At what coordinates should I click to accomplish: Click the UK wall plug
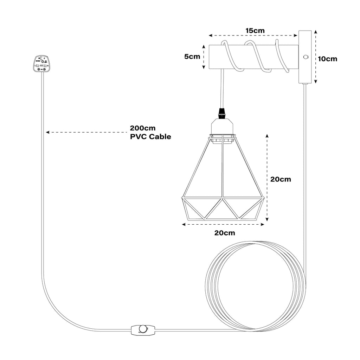(x=42, y=64)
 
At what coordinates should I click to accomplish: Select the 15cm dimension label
(x=255, y=31)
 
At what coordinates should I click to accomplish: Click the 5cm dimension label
(x=192, y=57)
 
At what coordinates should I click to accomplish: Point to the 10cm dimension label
(x=327, y=59)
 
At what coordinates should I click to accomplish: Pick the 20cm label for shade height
(x=281, y=179)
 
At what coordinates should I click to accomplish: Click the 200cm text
(x=143, y=128)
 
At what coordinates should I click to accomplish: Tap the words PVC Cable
(x=150, y=137)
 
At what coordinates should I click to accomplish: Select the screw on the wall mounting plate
(x=305, y=57)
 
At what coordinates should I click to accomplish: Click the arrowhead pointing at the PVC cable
(x=47, y=133)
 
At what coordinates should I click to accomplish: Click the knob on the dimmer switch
(x=143, y=329)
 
